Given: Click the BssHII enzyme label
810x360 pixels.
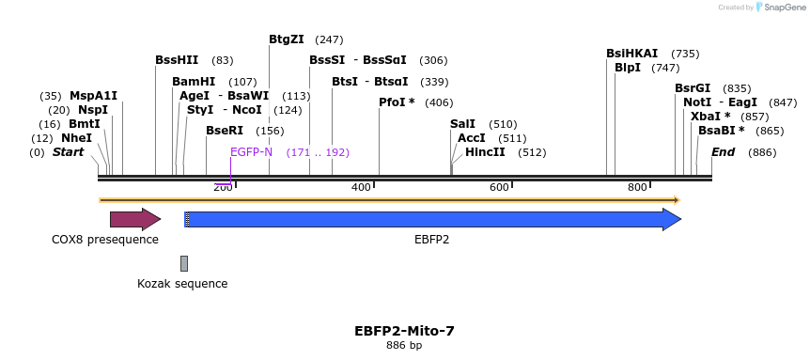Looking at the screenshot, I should pos(177,60).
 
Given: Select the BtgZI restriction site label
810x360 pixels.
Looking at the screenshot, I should pos(287,39).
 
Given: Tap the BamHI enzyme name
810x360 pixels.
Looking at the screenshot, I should pos(194,82).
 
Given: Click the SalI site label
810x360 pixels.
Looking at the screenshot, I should pos(462,124).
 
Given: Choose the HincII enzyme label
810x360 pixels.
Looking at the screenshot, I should pos(485,151).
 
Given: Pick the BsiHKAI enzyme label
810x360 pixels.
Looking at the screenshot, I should pos(631,54).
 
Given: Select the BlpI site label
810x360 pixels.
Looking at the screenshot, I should pos(627,68).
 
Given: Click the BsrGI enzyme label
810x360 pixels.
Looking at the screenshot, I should pos(693,88).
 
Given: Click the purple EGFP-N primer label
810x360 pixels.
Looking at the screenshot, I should pos(251,152).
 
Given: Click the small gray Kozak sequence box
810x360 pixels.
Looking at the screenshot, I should pos(184,263).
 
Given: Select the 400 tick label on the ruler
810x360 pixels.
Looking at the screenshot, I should pos(361,188).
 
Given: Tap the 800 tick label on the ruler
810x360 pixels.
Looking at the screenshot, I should pos(637,188).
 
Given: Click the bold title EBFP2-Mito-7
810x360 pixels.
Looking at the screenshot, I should pos(404,331).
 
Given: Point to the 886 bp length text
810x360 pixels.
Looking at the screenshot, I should pos(404,346).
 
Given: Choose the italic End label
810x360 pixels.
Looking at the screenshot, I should pos(723,152).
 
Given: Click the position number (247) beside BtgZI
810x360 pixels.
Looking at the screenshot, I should pos(329,39).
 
